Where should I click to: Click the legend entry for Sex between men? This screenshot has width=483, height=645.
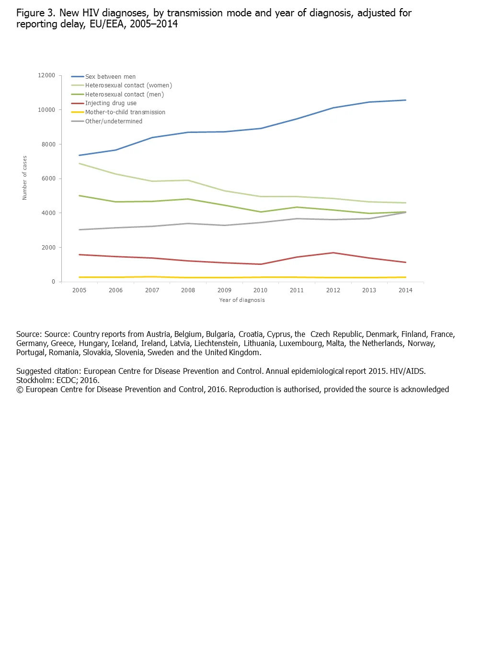110,77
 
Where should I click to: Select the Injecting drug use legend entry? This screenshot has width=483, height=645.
111,103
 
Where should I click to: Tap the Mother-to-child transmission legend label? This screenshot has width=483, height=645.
125,112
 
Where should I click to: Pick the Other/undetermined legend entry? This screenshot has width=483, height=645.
114,121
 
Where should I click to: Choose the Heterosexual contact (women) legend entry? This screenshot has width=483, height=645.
128,85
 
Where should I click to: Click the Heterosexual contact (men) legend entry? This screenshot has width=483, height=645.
125,95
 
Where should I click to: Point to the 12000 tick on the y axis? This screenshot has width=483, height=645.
46,75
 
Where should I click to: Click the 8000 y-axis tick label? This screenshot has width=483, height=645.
48,144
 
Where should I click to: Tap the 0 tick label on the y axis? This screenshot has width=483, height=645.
54,282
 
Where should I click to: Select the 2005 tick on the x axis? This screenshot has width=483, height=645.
80,290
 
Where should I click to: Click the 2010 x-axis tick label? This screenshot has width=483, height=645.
261,290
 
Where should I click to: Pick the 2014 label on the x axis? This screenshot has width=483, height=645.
405,290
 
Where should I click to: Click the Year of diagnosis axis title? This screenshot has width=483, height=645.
242,300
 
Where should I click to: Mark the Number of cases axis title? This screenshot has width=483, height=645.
25,178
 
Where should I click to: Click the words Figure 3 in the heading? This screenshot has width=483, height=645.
35,13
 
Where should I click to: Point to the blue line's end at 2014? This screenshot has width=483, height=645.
405,100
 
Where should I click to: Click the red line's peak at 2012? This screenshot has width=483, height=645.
333,253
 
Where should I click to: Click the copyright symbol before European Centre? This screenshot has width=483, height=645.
20,390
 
